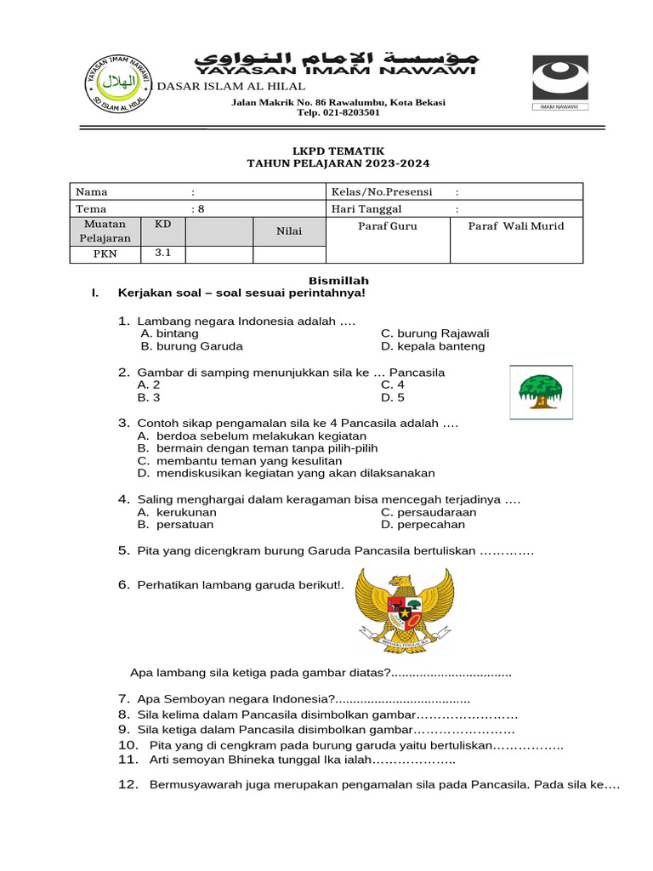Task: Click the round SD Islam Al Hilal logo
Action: coord(118,83)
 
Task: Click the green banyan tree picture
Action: coord(541,392)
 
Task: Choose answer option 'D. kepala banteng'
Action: coord(433,346)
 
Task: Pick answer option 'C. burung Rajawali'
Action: coord(434,333)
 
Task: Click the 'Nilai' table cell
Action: coord(289,231)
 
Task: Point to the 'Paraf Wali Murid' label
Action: coord(516,226)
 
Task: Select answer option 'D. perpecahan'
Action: coord(423,525)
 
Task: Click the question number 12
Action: coord(128,785)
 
